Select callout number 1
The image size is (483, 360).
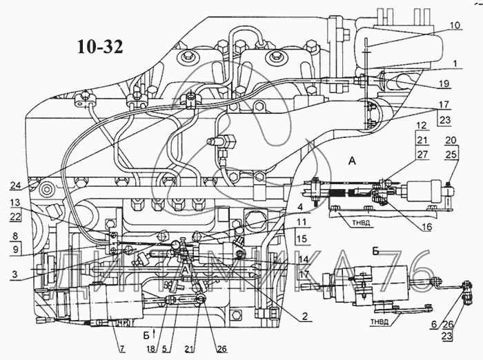455,63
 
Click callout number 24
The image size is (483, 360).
16,185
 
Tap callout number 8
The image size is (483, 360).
14,234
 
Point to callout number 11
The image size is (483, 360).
302,223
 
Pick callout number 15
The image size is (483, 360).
302,240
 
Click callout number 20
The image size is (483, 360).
451,140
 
